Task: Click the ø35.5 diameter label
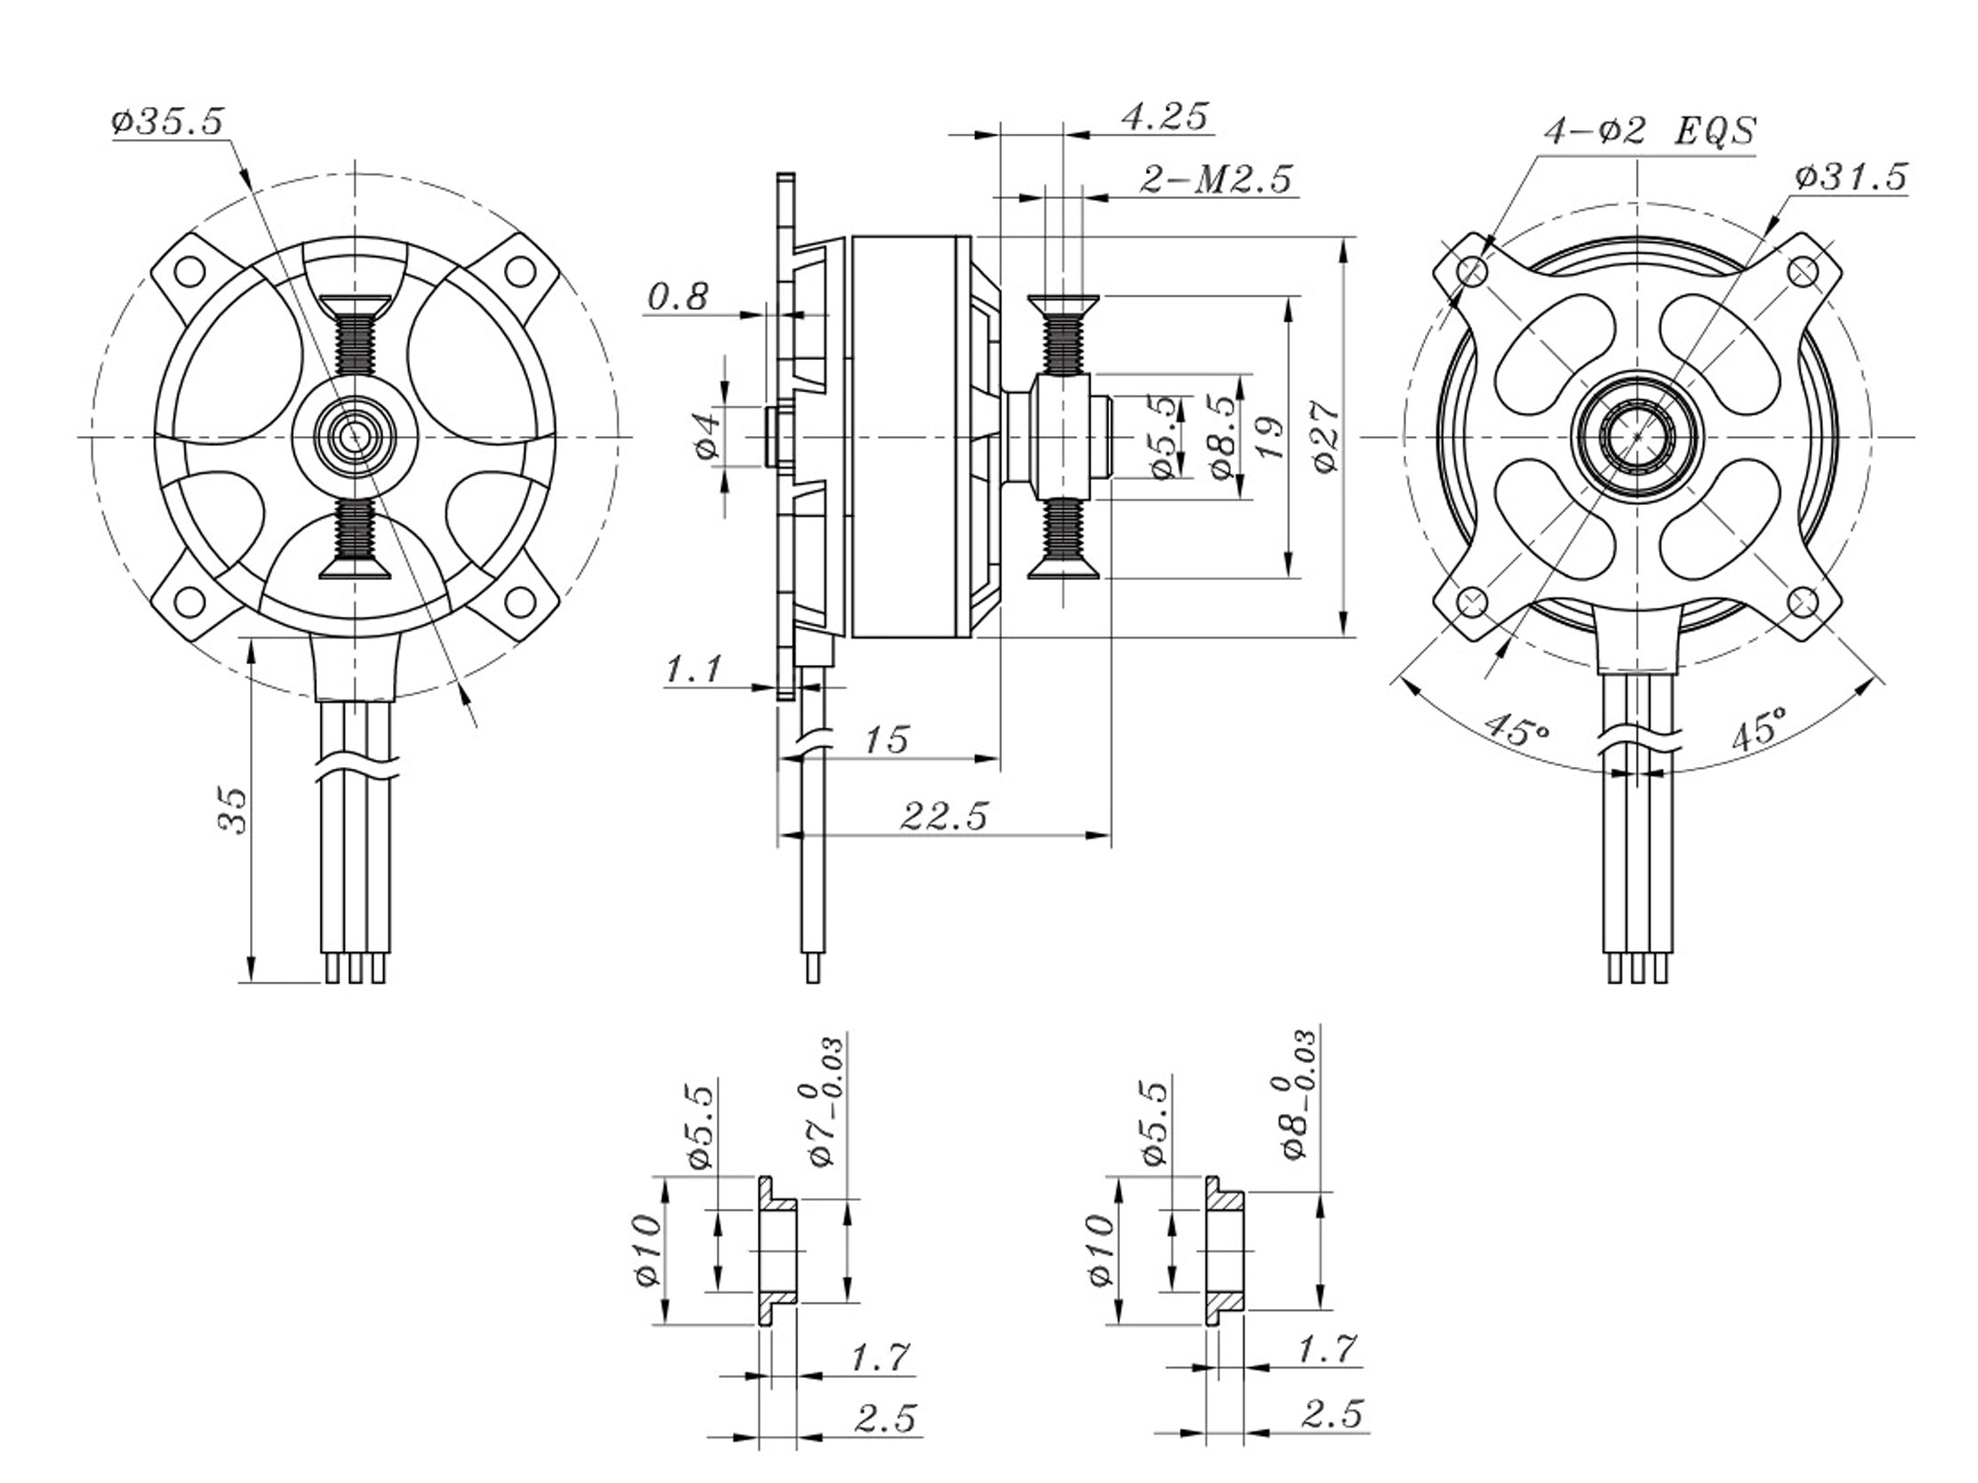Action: click(167, 121)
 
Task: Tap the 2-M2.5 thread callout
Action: click(1216, 180)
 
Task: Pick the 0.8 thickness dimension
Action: click(678, 296)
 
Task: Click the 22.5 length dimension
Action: click(944, 816)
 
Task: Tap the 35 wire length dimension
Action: click(233, 810)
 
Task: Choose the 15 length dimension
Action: click(886, 740)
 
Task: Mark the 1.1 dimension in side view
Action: click(692, 669)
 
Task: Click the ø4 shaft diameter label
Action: click(707, 435)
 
